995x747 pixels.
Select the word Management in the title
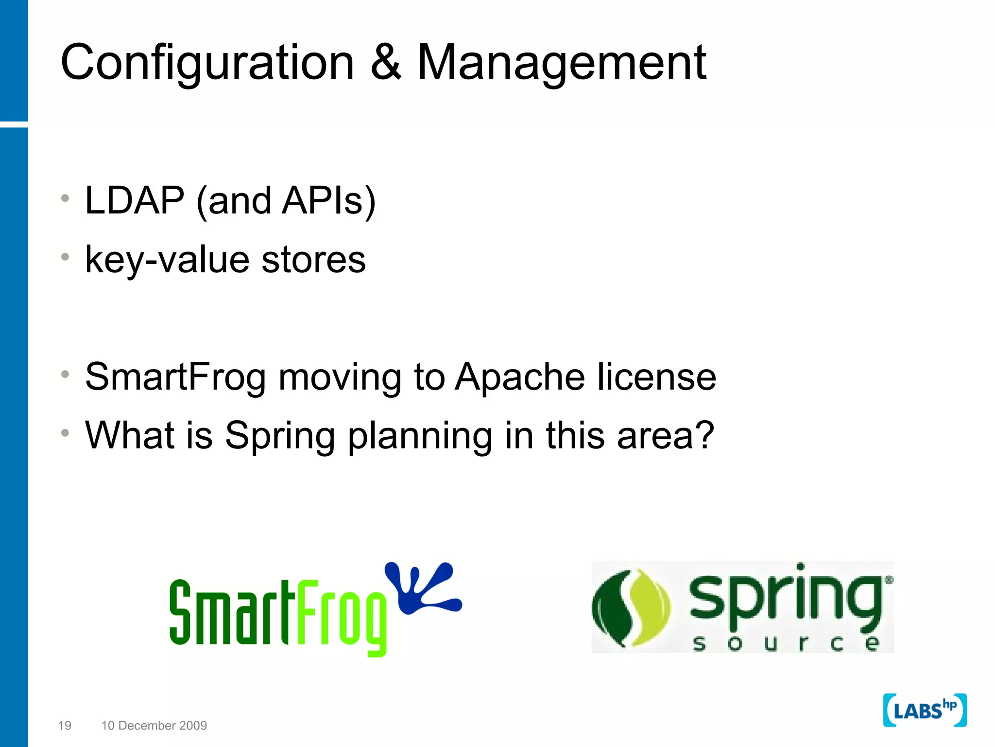click(x=562, y=63)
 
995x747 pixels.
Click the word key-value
click(x=167, y=260)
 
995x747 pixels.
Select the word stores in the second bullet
click(x=313, y=259)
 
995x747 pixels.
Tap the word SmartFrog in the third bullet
click(x=175, y=377)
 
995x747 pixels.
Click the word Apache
click(x=520, y=377)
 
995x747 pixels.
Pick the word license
click(x=656, y=377)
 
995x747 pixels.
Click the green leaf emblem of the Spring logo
click(x=630, y=608)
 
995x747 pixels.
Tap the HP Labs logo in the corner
click(x=925, y=711)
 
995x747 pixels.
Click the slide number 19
click(x=65, y=726)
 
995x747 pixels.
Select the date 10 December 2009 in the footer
click(x=154, y=726)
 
